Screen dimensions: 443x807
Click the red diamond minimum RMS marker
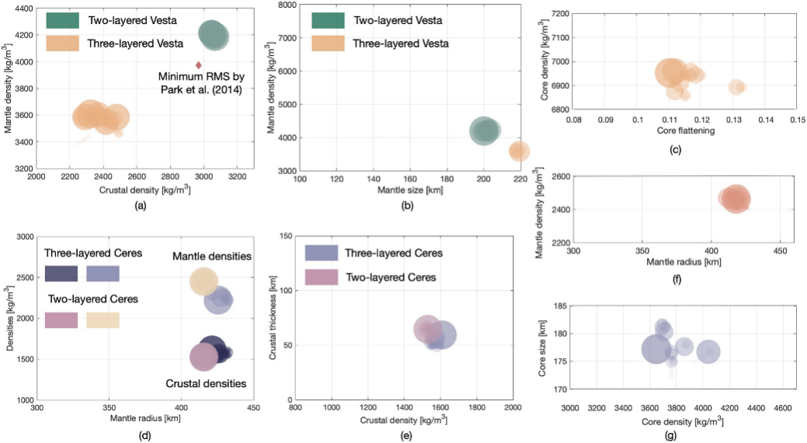(x=199, y=65)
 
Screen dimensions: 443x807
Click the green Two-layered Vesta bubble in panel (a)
(x=213, y=34)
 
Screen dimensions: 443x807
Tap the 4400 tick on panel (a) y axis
(x=22, y=8)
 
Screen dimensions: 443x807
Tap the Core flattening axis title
(x=685, y=132)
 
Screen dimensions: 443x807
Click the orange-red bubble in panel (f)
(x=735, y=198)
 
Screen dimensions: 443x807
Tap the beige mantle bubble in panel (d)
(x=203, y=281)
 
